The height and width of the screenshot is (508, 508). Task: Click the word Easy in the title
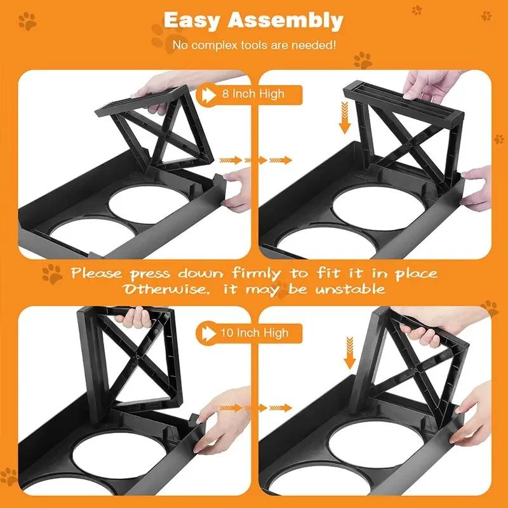pos(193,20)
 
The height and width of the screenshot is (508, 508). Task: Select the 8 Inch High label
pos(253,94)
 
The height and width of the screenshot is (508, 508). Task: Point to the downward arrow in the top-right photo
pos(345,119)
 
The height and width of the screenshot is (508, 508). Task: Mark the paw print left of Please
pos(52,274)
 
